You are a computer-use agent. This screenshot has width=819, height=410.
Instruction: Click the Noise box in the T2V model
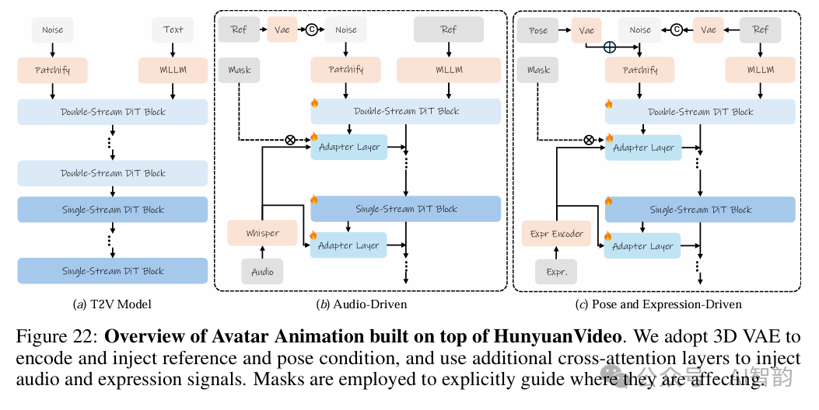click(x=53, y=30)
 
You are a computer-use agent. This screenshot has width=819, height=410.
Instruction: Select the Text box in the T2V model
click(x=173, y=30)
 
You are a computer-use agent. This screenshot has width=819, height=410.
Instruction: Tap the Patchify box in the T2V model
click(x=53, y=70)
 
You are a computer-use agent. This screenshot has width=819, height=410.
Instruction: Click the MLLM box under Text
click(x=173, y=70)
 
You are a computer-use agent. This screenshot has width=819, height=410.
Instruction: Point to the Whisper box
click(x=263, y=233)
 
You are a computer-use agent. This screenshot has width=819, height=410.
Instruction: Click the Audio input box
click(x=263, y=272)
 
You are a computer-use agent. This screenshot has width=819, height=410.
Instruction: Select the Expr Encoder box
click(x=556, y=233)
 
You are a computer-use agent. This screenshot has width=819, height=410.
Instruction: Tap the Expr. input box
click(x=556, y=272)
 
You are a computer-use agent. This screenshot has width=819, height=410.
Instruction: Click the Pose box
click(x=538, y=30)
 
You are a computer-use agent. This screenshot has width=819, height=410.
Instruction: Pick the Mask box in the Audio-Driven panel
click(x=240, y=70)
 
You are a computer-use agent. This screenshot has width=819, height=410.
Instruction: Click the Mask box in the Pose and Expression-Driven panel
click(x=538, y=70)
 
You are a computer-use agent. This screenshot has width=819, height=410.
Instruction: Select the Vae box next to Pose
click(x=586, y=30)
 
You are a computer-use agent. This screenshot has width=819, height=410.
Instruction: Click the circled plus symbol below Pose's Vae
click(x=611, y=47)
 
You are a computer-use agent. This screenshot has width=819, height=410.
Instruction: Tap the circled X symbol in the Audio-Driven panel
click(x=291, y=141)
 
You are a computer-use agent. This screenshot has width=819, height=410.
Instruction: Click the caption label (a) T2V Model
click(x=112, y=304)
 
